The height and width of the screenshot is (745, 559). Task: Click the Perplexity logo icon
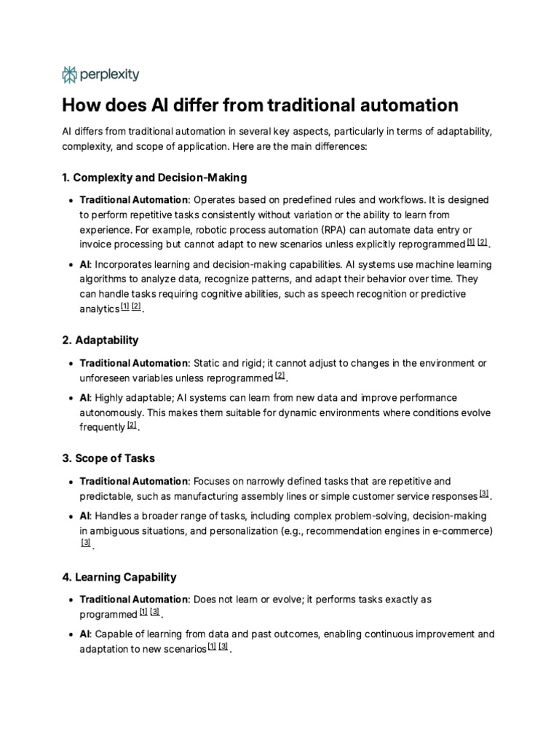(70, 74)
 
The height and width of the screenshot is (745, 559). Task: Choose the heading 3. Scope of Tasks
(108, 458)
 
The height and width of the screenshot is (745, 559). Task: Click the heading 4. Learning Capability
(119, 577)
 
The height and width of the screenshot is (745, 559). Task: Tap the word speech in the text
(353, 294)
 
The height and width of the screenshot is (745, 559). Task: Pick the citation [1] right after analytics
(124, 307)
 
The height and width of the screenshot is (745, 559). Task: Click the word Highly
(111, 398)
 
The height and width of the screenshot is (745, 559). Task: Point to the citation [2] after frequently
(132, 426)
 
